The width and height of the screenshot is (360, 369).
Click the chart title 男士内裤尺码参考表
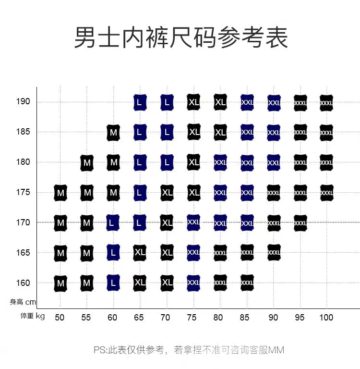[x=181, y=37]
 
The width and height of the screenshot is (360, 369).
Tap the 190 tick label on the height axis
[x=24, y=102]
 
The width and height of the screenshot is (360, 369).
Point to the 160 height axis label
[x=24, y=283]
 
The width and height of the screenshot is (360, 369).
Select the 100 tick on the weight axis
[x=326, y=317]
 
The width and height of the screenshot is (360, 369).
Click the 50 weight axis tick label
[x=60, y=317]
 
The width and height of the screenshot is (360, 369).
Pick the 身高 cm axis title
[x=23, y=302]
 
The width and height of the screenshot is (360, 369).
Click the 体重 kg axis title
[x=33, y=316]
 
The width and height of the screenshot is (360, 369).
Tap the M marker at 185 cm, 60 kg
[x=113, y=132]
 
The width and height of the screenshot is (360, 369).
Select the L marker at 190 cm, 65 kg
[x=140, y=102]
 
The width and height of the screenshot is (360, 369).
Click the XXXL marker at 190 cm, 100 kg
[x=326, y=102]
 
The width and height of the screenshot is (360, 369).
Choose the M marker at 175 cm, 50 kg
[x=60, y=193]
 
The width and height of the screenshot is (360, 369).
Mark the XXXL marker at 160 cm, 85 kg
[x=247, y=283]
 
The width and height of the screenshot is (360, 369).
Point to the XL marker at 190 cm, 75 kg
[x=193, y=102]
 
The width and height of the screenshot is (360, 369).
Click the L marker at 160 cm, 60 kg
[x=113, y=283]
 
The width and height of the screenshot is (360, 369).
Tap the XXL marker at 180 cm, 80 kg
[x=220, y=162]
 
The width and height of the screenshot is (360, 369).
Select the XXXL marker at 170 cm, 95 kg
[x=300, y=223]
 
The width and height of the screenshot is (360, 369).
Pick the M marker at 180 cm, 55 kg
[x=87, y=162]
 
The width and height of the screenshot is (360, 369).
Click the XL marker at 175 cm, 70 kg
[x=167, y=192]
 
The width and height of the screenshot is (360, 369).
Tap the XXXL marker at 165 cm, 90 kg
[x=274, y=252]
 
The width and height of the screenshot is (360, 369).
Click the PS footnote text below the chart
[x=189, y=350]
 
